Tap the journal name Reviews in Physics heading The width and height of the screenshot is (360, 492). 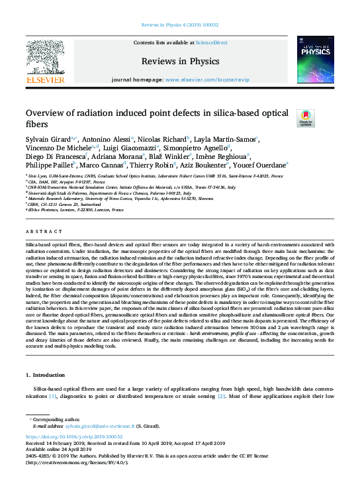(x=180, y=61)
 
